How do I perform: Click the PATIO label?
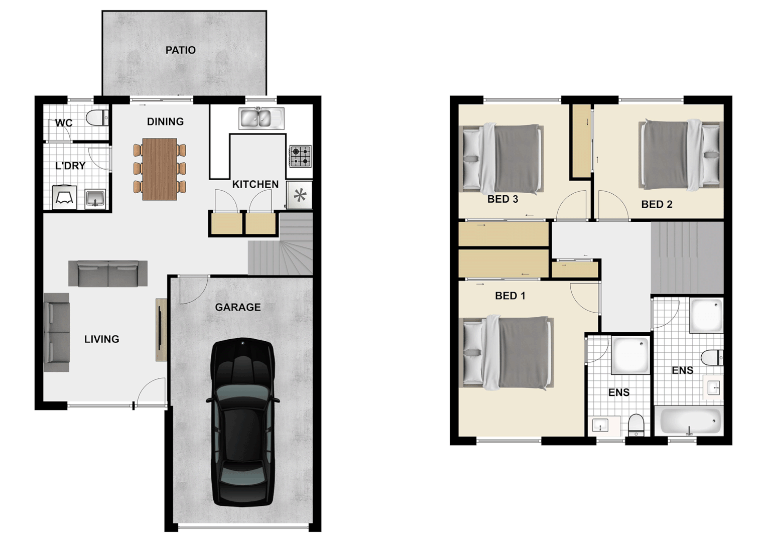(180, 50)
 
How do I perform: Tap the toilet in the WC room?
(97, 117)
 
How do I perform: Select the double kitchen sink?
(261, 118)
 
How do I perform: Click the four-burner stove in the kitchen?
(300, 156)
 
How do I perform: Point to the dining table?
(160, 169)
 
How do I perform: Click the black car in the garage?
(243, 422)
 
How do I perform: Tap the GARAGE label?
(237, 307)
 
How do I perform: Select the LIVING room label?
(101, 339)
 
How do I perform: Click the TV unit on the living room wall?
(161, 330)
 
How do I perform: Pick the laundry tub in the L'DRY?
(95, 198)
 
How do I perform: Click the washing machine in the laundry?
(64, 197)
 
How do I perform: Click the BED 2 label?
(656, 204)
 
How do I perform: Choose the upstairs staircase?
(687, 257)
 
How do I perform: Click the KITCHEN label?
(255, 184)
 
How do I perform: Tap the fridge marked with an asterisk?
(300, 195)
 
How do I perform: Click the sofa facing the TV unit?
(56, 332)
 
